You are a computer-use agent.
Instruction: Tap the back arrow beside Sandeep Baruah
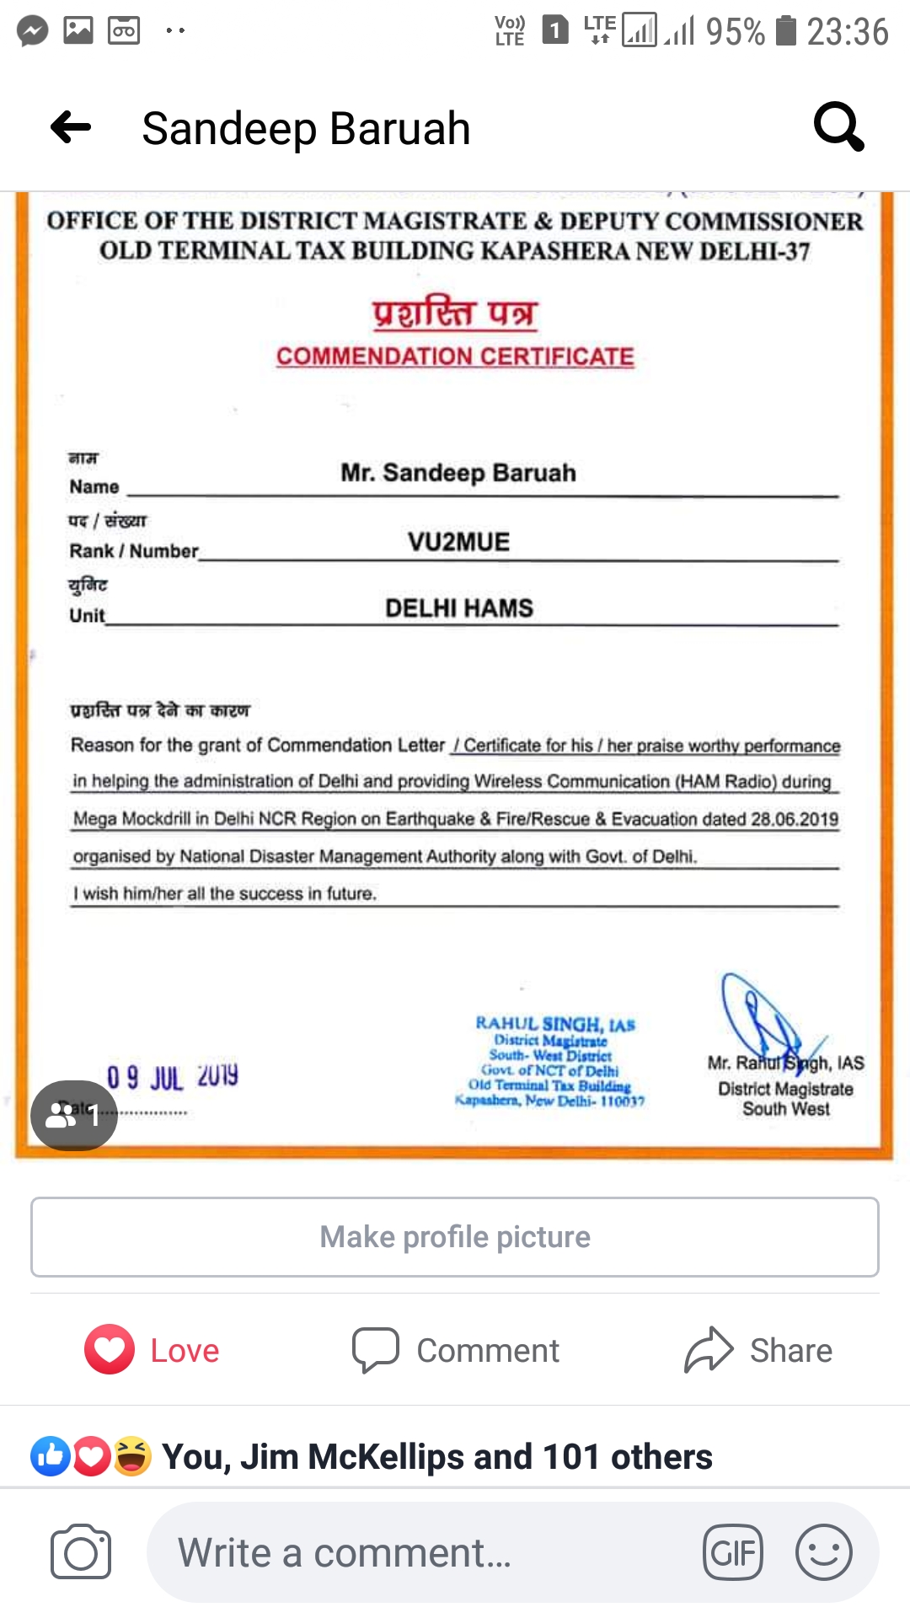point(71,128)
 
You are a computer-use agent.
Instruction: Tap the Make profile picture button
point(455,1236)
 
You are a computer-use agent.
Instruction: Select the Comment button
point(456,1350)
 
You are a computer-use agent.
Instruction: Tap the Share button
point(758,1350)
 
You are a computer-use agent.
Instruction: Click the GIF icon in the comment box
point(733,1552)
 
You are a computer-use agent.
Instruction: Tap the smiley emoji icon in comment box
point(823,1552)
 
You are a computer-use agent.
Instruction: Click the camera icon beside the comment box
point(81,1552)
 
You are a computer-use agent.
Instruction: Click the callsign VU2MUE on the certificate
point(459,542)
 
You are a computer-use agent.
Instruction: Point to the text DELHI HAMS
point(459,608)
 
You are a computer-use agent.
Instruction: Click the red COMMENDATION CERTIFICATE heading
point(455,356)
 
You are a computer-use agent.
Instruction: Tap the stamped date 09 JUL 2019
point(173,1077)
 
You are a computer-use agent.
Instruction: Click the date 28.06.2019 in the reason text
point(795,819)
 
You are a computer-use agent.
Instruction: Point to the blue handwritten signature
point(763,1020)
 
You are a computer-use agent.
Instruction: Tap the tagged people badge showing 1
point(74,1115)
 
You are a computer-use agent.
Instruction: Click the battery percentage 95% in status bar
point(735,32)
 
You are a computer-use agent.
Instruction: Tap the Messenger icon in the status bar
point(33,31)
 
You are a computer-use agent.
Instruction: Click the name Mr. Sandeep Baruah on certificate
point(458,473)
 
